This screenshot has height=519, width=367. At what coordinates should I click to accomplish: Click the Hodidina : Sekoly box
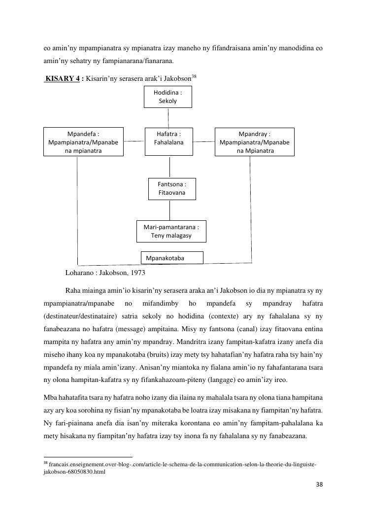click(167, 97)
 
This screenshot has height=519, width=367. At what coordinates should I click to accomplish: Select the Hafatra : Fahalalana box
click(168, 141)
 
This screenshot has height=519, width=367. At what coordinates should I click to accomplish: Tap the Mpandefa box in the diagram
click(83, 142)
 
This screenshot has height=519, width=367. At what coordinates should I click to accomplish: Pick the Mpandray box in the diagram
click(254, 142)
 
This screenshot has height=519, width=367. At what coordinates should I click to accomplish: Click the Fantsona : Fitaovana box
click(171, 189)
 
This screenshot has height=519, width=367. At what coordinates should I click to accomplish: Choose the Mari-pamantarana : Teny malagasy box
click(171, 232)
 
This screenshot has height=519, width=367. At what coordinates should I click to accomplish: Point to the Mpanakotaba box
click(172, 258)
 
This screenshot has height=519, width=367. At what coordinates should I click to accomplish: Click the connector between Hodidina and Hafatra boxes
click(168, 117)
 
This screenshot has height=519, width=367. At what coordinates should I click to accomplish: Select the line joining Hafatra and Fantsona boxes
click(170, 167)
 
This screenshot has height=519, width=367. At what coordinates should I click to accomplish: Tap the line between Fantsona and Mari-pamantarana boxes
click(170, 210)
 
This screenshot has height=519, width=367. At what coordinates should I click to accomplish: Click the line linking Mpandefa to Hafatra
click(134, 141)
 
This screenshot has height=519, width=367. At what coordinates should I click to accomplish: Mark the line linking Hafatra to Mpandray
click(203, 141)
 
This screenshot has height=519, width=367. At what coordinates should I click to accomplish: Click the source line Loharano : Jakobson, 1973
click(105, 272)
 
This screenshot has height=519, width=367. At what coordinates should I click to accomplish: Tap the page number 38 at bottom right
click(319, 484)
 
